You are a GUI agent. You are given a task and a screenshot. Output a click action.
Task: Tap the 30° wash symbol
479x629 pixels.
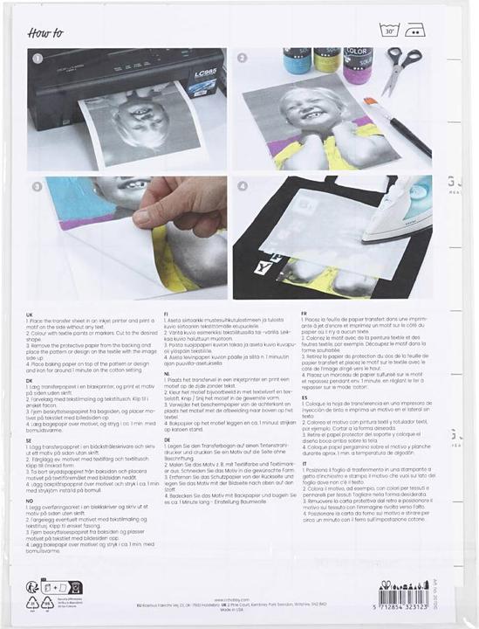click(x=388, y=31)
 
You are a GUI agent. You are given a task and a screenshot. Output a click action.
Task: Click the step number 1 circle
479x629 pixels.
click(x=37, y=59)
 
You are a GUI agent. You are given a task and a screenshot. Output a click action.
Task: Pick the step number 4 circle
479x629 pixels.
click(x=243, y=185)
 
